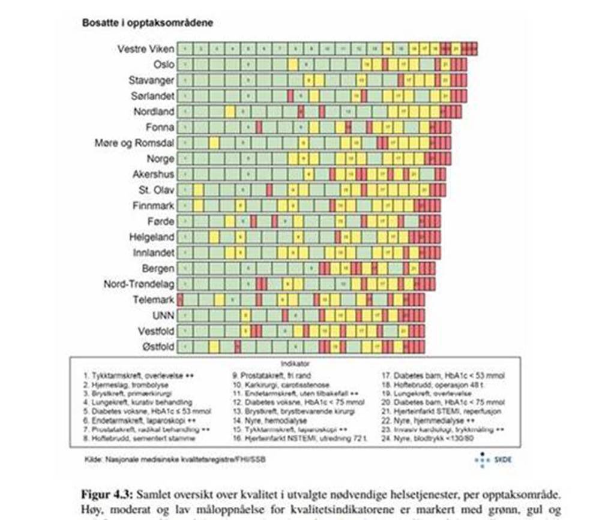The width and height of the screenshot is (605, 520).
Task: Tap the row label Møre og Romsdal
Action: (x=134, y=143)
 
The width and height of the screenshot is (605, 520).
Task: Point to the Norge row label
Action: (x=160, y=159)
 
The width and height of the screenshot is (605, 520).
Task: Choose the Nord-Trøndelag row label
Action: (x=139, y=284)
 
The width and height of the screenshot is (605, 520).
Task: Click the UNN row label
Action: (x=163, y=315)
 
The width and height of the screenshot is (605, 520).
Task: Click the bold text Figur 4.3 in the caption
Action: (x=107, y=496)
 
